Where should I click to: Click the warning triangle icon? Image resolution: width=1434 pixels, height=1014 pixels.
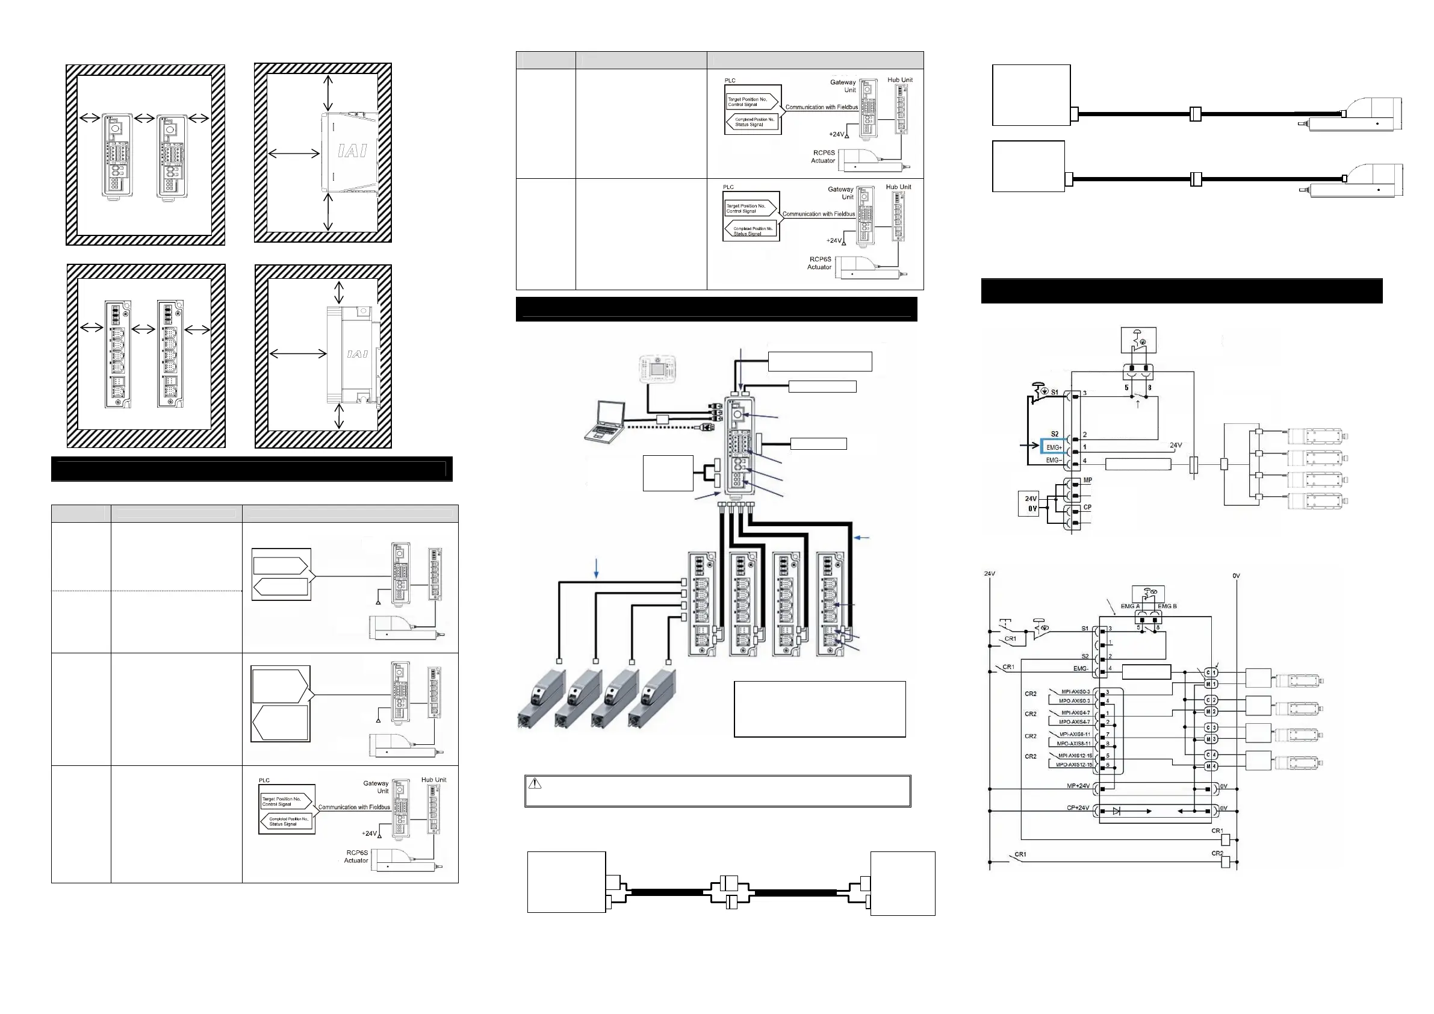click(x=535, y=783)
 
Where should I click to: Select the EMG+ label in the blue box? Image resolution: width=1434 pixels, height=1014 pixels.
click(x=1054, y=447)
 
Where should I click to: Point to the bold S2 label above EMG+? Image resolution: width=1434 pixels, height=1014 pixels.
click(x=1055, y=434)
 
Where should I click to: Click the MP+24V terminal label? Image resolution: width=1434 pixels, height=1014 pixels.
click(x=1078, y=786)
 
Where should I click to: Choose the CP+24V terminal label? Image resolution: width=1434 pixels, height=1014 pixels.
click(x=1078, y=808)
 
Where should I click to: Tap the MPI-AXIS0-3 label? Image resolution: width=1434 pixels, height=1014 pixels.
click(x=1075, y=692)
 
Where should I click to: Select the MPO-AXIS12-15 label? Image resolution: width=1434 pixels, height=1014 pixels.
click(x=1073, y=765)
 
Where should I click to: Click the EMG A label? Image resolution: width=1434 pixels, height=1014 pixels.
click(x=1130, y=606)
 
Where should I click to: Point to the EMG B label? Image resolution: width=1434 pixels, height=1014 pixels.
click(x=1167, y=606)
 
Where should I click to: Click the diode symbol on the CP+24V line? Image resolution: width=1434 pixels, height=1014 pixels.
click(x=1117, y=811)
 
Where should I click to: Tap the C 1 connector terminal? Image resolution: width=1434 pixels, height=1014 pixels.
click(x=1211, y=673)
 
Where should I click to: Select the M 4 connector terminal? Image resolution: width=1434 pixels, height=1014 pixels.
click(x=1211, y=766)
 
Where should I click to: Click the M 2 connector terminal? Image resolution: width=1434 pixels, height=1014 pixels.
click(x=1211, y=712)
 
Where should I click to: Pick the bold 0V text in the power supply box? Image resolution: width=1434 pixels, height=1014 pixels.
click(x=1032, y=509)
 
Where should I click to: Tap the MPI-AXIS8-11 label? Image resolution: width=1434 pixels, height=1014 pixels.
click(x=1075, y=734)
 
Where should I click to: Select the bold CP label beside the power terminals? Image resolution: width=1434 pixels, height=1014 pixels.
click(x=1087, y=508)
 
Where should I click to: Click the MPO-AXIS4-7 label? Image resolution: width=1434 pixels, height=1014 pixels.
click(x=1074, y=721)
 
